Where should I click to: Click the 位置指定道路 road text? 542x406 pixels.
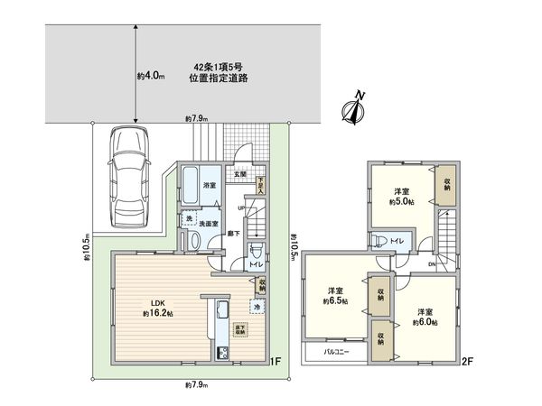coord(219,78)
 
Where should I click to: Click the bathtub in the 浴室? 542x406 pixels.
coord(190,188)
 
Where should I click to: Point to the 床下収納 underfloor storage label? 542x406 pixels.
coord(240,328)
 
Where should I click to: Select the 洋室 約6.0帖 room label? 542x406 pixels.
coord(425,317)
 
